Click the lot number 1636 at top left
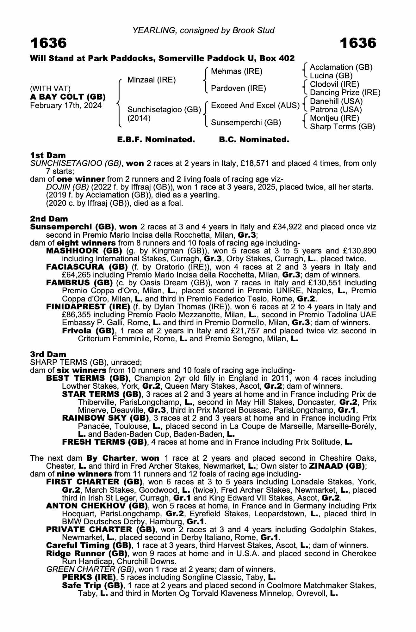48,43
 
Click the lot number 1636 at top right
358,43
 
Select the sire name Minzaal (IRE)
151,80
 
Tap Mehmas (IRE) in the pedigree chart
237,71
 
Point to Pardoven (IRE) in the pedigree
238,88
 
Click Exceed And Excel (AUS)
255,106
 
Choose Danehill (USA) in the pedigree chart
336,101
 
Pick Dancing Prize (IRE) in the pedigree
345,93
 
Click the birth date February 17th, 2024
66,106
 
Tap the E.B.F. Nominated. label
156,140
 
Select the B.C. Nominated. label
254,140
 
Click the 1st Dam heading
48,155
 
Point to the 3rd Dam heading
48,354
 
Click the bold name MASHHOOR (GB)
84,251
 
